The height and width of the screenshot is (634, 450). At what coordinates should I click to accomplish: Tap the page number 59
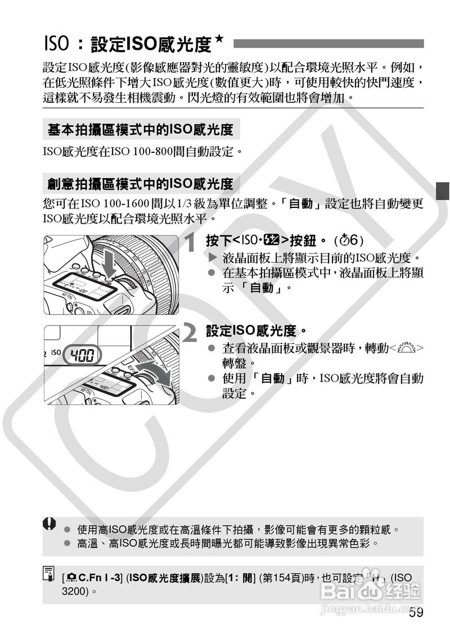click(x=416, y=613)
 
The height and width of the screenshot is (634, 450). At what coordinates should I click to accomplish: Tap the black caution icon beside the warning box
click(x=50, y=524)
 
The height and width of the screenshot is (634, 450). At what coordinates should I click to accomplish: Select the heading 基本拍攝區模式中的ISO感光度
click(x=141, y=130)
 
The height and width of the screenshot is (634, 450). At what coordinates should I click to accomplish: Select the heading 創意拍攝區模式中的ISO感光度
click(x=141, y=184)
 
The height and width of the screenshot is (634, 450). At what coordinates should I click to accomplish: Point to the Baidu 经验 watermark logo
click(x=371, y=590)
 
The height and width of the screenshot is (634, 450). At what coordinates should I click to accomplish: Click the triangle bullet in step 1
click(x=212, y=259)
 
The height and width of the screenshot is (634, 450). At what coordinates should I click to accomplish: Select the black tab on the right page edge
click(x=443, y=191)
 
